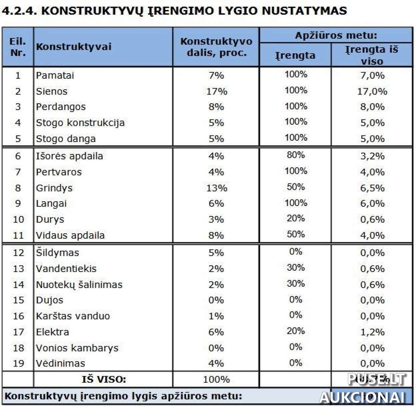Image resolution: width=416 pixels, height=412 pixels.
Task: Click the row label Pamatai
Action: pos(55,75)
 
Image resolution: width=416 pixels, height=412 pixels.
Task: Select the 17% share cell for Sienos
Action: pos(216,91)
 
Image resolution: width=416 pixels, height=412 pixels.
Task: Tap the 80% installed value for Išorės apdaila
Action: pos(295,155)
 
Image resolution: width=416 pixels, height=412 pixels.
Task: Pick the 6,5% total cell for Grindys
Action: pos(372,188)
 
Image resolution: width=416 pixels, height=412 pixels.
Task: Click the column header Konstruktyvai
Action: pos(74,47)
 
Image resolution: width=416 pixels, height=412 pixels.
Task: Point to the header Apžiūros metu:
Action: pos(336,35)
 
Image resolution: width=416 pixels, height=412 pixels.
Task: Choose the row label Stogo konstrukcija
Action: pos(80,123)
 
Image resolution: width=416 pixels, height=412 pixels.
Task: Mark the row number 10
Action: pos(18,219)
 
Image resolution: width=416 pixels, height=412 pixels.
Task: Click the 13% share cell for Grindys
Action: pos(216,188)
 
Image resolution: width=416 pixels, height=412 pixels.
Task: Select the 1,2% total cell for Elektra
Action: pos(372,332)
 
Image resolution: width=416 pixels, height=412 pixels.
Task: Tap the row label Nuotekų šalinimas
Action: pos(79,285)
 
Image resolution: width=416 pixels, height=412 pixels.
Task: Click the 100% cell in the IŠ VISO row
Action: pos(216,379)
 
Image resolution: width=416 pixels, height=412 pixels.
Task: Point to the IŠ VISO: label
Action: pos(104,379)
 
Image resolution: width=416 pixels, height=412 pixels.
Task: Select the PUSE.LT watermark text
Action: pos(376,379)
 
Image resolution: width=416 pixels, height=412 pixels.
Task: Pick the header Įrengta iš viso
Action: pos(371,55)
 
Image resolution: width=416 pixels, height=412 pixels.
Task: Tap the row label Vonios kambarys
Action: pos(77,348)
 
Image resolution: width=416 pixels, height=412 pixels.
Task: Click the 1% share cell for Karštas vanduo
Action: pos(216,316)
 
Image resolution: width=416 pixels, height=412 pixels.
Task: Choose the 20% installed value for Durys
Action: pos(295,218)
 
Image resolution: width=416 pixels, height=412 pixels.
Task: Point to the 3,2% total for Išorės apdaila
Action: pos(372,156)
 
